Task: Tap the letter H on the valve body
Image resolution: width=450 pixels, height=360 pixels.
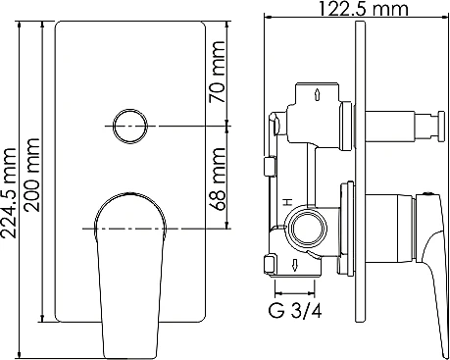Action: point(287,201)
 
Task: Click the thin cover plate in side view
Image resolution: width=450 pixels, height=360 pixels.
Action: point(364,177)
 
